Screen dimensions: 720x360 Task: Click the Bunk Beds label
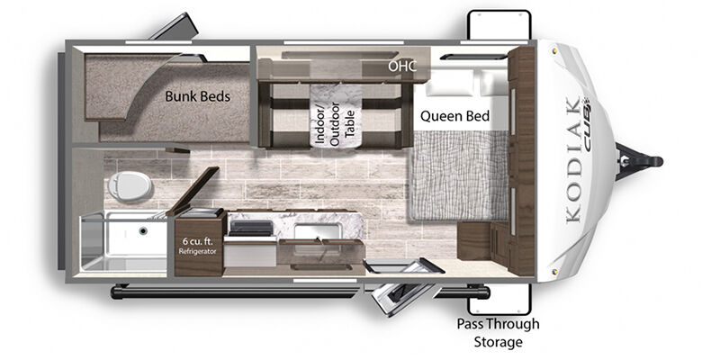click(x=197, y=96)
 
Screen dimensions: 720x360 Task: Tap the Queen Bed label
click(x=455, y=116)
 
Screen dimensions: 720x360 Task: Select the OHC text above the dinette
click(x=402, y=66)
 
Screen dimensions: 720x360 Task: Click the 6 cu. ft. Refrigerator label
click(x=197, y=246)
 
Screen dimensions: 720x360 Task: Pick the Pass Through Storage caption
click(x=499, y=332)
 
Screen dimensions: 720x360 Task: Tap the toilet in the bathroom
click(x=130, y=186)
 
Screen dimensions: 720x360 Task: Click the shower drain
click(x=143, y=230)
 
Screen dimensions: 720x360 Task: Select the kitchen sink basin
click(x=318, y=231)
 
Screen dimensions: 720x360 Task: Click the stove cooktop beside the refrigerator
click(x=250, y=229)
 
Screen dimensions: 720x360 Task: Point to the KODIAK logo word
click(x=574, y=160)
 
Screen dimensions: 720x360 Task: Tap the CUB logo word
click(x=587, y=124)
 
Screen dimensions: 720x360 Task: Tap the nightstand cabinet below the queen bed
click(x=483, y=241)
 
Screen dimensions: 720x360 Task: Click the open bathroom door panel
click(x=193, y=191)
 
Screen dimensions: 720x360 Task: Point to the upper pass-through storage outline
click(x=499, y=25)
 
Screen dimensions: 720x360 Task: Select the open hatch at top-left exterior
click(x=174, y=27)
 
